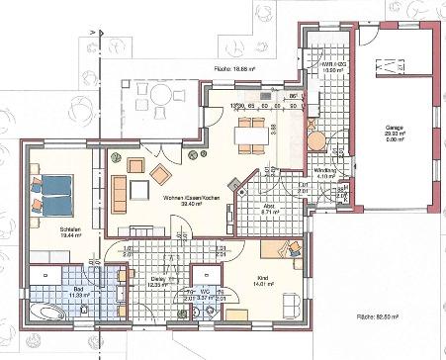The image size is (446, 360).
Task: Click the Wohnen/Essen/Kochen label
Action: coord(182,200)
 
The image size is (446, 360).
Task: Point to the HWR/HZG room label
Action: coord(332,67)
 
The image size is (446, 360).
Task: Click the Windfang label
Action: coord(325,172)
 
